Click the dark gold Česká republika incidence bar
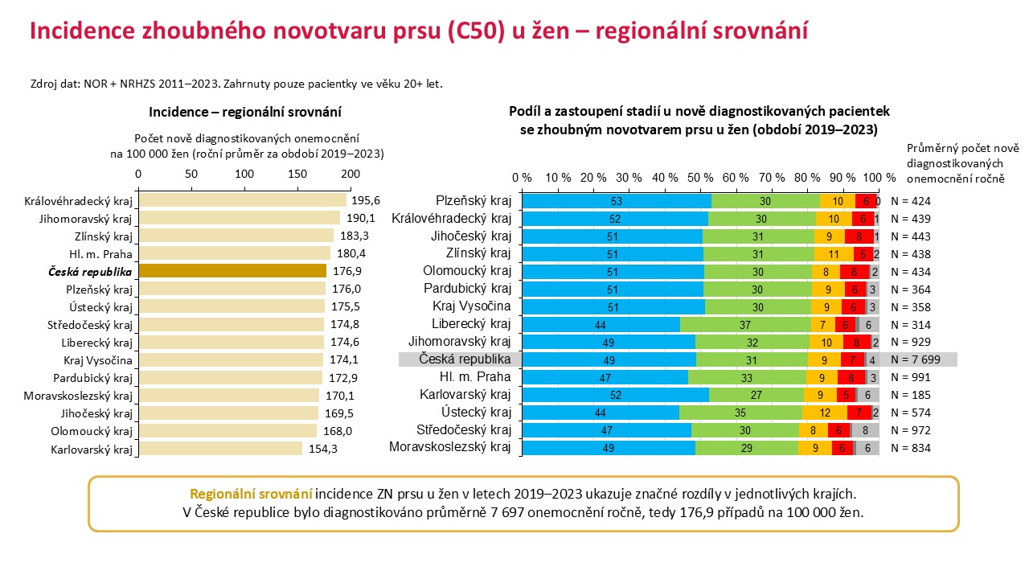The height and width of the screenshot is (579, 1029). pyautogui.click(x=232, y=271)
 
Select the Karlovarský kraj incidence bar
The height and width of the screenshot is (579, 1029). pyautogui.click(x=220, y=449)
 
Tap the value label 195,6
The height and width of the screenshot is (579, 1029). pyautogui.click(x=366, y=200)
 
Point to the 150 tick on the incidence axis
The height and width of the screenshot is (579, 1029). pyautogui.click(x=297, y=174)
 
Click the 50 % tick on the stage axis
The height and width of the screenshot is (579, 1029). pyautogui.click(x=700, y=178)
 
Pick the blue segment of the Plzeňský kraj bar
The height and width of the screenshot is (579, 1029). pyautogui.click(x=617, y=201)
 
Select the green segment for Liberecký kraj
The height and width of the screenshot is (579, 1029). pyautogui.click(x=745, y=325)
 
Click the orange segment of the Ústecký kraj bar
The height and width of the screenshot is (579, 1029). pyautogui.click(x=825, y=413)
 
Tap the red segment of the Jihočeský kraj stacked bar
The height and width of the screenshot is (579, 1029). pyautogui.click(x=859, y=236)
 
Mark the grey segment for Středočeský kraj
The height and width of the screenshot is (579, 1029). pyautogui.click(x=866, y=430)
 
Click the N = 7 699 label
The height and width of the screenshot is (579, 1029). pyautogui.click(x=916, y=359)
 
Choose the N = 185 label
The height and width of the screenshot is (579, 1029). pyautogui.click(x=911, y=395)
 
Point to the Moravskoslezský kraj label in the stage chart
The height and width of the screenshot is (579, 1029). pyautogui.click(x=449, y=446)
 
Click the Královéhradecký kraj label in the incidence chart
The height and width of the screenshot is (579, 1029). pyautogui.click(x=78, y=201)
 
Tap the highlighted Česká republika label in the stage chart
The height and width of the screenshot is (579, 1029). pyautogui.click(x=465, y=359)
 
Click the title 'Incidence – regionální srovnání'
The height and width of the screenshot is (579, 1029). pyautogui.click(x=245, y=112)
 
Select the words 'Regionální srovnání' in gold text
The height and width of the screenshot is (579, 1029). pyautogui.click(x=251, y=494)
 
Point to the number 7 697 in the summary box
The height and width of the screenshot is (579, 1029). pyautogui.click(x=507, y=512)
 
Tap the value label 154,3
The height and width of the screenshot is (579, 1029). pyautogui.click(x=323, y=449)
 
